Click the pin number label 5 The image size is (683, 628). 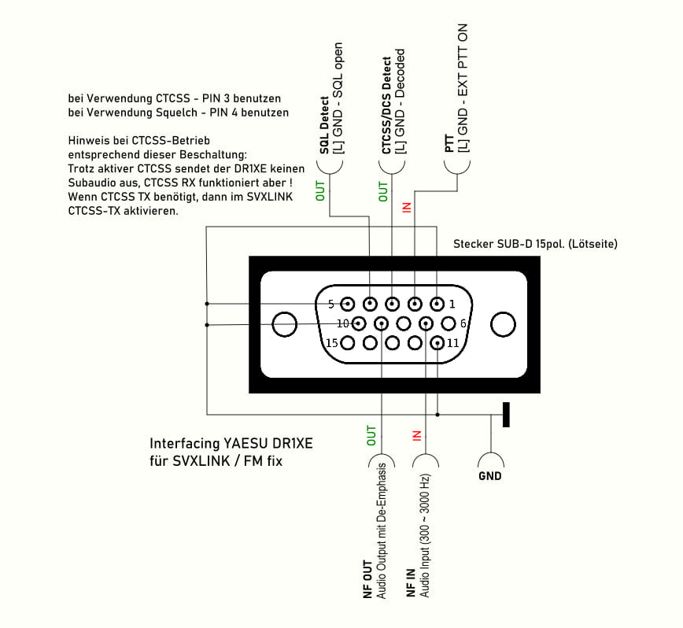click(330, 304)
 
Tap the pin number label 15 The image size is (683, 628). click(332, 342)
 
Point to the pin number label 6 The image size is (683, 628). click(463, 323)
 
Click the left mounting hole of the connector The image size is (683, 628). click(282, 323)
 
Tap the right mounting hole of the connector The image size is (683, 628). click(501, 323)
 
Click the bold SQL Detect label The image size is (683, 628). click(324, 130)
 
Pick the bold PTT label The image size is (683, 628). click(449, 143)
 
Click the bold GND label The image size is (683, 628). click(489, 476)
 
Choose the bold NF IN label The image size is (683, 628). click(411, 586)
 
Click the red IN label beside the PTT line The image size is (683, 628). click(407, 207)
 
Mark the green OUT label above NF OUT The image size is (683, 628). click(372, 434)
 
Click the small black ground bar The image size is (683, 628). click(506, 414)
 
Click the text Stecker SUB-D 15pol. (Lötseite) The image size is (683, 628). click(535, 244)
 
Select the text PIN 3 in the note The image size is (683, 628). click(223, 99)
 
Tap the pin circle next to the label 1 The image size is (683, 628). click(438, 304)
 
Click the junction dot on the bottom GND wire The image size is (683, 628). click(437, 414)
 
